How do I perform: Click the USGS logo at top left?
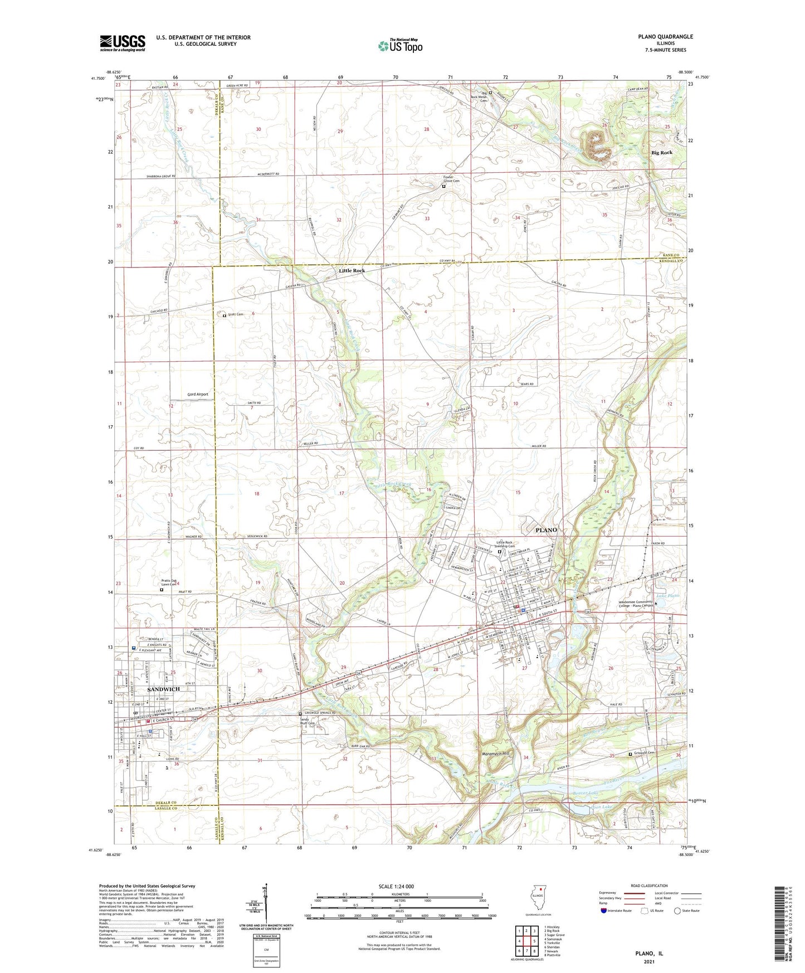[123, 42]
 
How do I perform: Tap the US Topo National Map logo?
[399, 46]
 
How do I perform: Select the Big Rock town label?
[661, 152]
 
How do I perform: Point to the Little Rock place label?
[352, 271]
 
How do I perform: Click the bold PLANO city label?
[545, 530]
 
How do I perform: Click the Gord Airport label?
[197, 394]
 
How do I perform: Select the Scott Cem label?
[236, 314]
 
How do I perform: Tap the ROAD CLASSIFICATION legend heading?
[650, 886]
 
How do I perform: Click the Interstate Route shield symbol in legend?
[604, 911]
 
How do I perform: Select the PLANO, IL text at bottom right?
[649, 953]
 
